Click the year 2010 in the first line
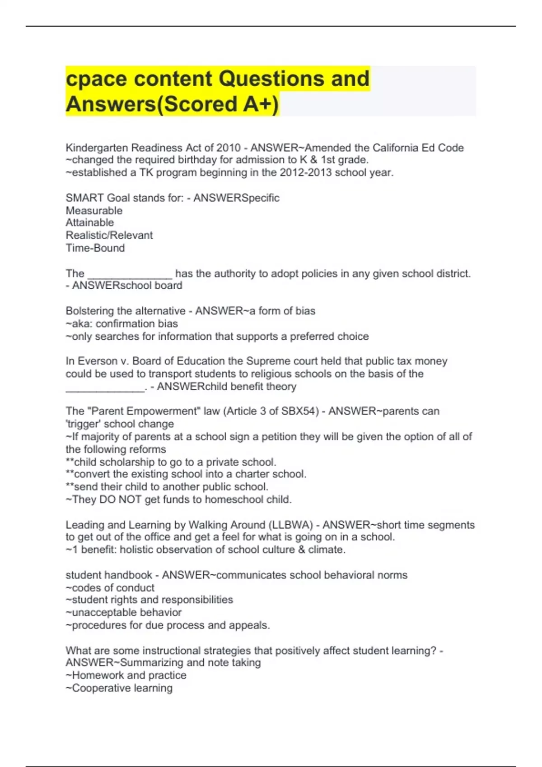coord(229,148)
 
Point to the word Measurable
coord(94,211)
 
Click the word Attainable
coord(90,222)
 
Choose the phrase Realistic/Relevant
coord(109,235)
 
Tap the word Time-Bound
coord(95,248)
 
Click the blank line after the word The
coord(130,276)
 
